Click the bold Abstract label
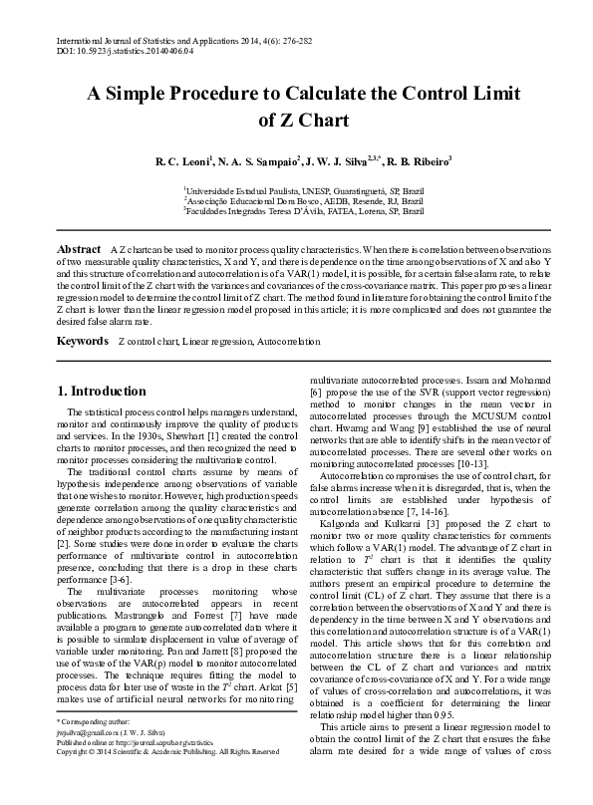point(79,246)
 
